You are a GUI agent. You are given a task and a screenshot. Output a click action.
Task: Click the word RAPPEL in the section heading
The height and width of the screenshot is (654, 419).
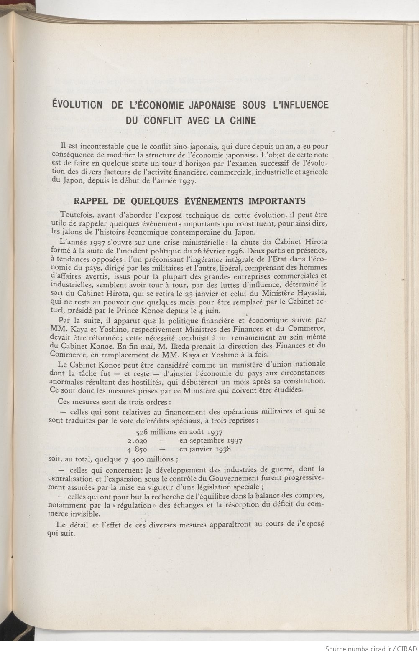tap(90, 201)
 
